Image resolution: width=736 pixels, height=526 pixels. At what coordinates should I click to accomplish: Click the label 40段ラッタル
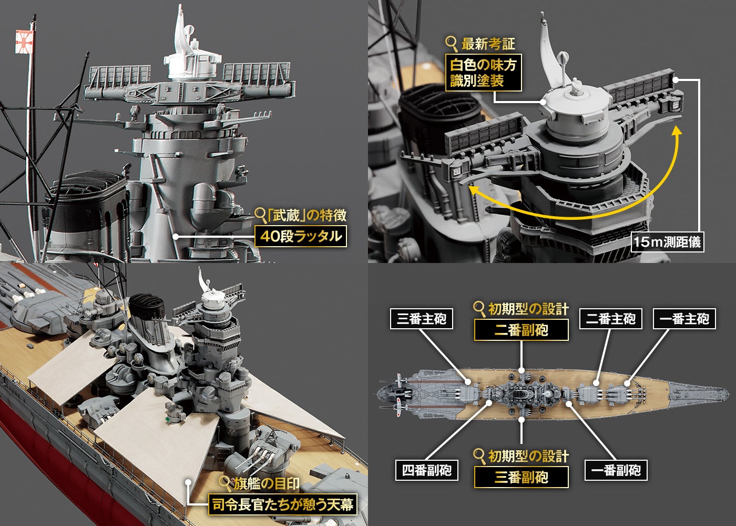click(x=301, y=236)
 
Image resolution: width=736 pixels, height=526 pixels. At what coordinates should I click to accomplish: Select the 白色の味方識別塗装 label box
click(x=483, y=73)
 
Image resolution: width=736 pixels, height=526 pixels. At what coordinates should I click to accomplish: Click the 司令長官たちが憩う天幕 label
click(x=283, y=504)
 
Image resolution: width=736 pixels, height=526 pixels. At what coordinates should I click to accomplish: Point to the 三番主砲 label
click(x=422, y=319)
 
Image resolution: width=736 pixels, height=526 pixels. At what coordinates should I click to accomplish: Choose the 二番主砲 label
click(x=610, y=319)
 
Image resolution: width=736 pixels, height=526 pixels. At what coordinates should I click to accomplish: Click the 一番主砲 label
click(x=684, y=319)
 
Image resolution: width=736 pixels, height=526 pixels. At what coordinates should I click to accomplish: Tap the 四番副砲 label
click(x=426, y=470)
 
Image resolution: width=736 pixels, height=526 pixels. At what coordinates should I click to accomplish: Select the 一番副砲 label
click(x=616, y=470)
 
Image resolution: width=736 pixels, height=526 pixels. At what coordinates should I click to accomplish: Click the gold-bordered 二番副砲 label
click(x=521, y=330)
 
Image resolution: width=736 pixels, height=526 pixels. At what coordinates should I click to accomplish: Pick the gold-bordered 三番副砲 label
click(x=521, y=477)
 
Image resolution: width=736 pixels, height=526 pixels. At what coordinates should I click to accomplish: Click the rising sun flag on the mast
click(x=24, y=42)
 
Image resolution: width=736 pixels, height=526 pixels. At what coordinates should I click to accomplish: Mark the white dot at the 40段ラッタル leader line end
click(x=176, y=236)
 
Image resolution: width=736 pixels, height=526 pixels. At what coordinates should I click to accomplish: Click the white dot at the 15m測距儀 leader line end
click(x=675, y=80)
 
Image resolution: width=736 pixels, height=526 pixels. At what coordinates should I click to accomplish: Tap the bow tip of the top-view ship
click(x=728, y=393)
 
